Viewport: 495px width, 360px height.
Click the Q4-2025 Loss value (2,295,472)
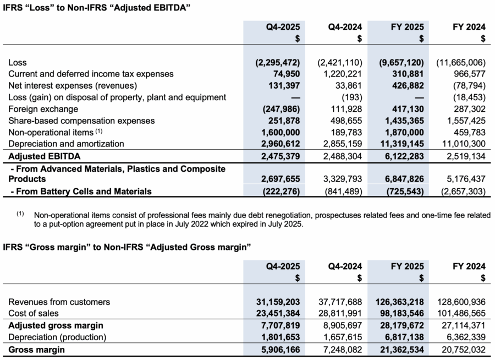278,62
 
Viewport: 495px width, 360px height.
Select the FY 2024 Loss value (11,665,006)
461,62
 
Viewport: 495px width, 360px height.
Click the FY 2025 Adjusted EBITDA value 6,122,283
402,156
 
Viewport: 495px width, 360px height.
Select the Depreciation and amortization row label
67,144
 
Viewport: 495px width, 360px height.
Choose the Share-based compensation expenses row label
81,121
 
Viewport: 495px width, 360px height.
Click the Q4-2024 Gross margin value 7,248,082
339,349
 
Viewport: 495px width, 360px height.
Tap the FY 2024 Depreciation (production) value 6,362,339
463,337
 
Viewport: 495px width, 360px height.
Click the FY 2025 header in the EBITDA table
407,26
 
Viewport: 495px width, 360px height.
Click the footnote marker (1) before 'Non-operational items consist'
20,213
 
